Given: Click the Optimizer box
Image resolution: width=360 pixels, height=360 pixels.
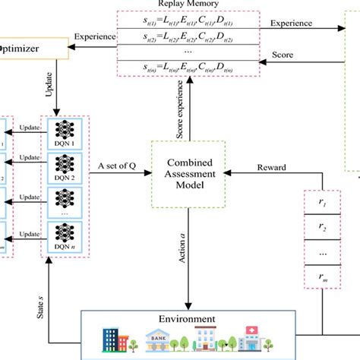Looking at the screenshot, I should click(x=31, y=50).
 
